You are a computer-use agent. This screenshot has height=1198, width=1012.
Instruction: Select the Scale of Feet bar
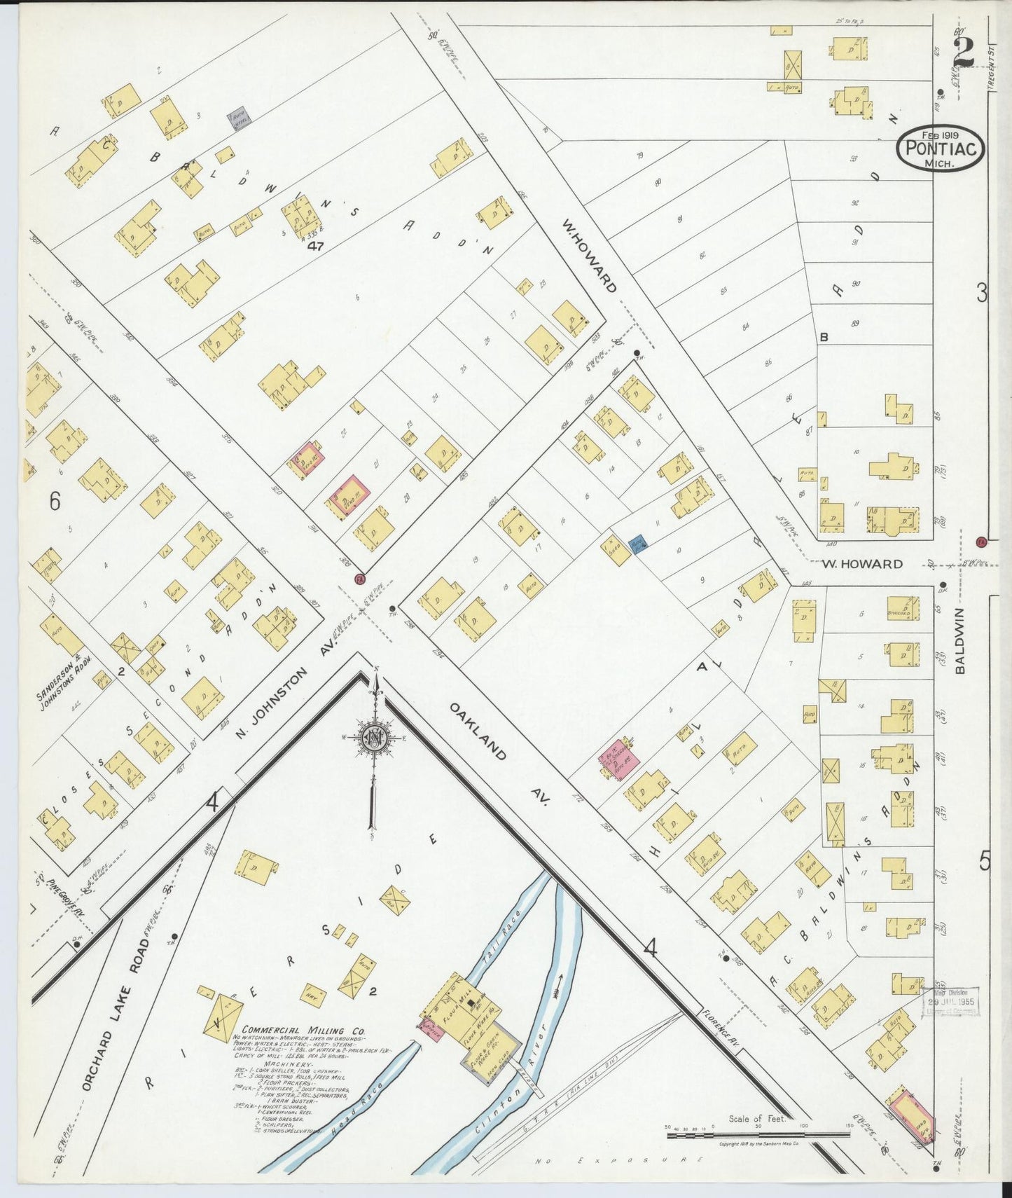(758, 1129)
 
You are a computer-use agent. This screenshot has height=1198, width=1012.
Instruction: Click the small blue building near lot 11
(638, 544)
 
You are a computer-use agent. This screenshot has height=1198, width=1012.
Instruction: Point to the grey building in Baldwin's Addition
(240, 118)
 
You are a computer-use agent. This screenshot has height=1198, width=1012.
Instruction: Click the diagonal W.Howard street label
(590, 256)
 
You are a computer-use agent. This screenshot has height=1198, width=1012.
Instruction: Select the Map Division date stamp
(950, 1000)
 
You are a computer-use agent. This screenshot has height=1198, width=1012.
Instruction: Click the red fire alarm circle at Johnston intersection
(360, 579)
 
